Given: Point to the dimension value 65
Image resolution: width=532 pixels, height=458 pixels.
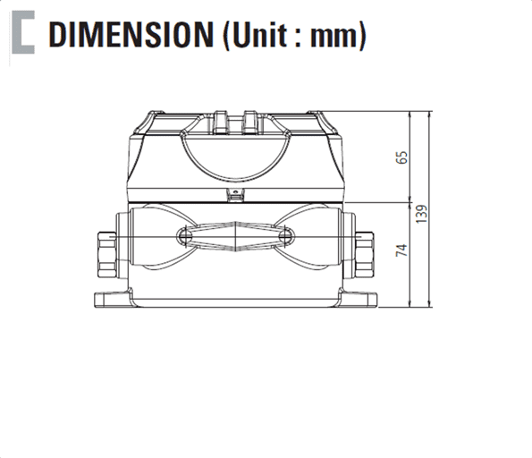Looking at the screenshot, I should click(x=402, y=157).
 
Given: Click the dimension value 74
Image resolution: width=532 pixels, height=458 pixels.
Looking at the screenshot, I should click(x=402, y=251).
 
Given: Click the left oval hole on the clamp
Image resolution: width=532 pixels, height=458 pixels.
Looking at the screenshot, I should click(x=182, y=235).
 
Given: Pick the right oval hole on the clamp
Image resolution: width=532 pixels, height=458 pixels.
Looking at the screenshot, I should click(x=286, y=235).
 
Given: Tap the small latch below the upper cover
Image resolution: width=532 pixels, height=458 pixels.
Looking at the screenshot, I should click(x=233, y=194).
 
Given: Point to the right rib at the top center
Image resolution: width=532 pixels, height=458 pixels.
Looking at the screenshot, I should click(x=249, y=117).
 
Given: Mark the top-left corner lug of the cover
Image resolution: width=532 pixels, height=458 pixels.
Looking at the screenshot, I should click(x=151, y=120).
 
